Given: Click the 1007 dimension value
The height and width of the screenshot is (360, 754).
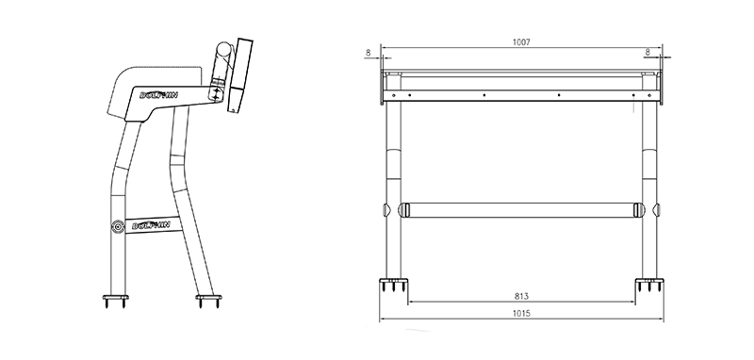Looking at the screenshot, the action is (x=521, y=42).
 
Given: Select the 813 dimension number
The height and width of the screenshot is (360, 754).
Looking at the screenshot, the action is (x=521, y=297).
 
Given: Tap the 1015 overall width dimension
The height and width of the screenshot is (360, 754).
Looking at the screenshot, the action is (x=521, y=314).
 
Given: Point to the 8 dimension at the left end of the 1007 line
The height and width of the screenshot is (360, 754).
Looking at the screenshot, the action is (x=369, y=53).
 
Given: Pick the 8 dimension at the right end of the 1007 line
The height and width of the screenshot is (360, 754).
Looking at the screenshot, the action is (x=647, y=53).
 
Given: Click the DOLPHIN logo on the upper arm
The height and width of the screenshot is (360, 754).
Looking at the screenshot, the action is (x=158, y=95).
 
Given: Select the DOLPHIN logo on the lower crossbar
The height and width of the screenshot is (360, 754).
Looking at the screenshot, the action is (x=152, y=225).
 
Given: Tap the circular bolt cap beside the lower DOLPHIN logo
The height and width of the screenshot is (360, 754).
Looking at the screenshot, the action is (x=118, y=226).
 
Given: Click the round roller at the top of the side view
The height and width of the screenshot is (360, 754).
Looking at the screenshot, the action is (x=223, y=49).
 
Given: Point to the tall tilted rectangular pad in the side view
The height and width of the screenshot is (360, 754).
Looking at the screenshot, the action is (x=240, y=75).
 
